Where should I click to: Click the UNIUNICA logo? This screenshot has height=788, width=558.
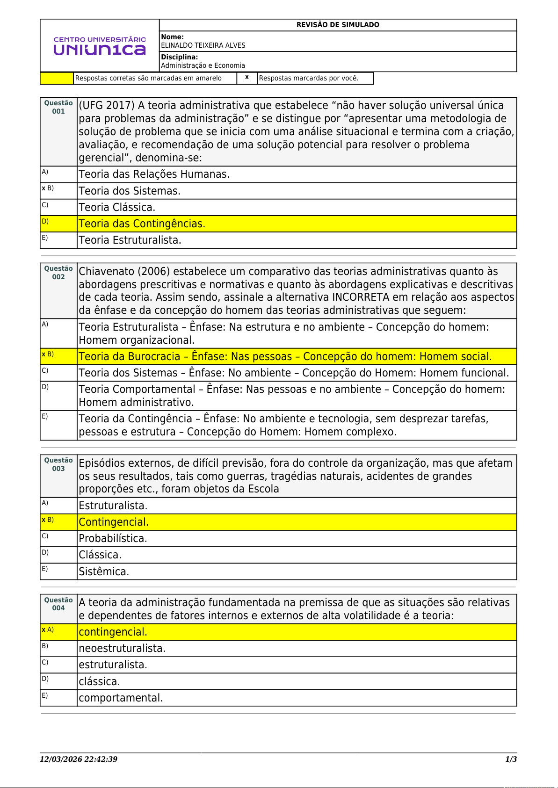(100, 46)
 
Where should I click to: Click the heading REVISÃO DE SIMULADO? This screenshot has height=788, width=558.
(338, 25)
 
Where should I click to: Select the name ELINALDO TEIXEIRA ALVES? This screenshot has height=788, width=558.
(203, 45)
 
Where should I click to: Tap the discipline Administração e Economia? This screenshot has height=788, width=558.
(203, 65)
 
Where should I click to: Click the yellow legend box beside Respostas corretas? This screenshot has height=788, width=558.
(57, 78)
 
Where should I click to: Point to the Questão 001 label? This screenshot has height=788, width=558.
(58, 107)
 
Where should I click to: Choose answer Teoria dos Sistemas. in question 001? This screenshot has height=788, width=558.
(130, 191)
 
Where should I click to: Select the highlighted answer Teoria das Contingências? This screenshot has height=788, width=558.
(142, 224)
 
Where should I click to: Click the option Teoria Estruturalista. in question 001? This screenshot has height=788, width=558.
(130, 240)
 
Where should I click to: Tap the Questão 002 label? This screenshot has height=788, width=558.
(58, 273)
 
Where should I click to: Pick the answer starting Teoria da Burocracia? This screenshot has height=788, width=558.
(285, 356)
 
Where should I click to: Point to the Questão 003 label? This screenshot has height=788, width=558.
(58, 464)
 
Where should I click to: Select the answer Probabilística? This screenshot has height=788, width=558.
(113, 538)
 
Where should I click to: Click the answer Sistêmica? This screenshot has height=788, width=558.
(104, 571)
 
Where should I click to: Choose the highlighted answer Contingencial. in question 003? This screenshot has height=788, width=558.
(114, 522)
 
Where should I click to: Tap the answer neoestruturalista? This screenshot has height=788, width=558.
(122, 648)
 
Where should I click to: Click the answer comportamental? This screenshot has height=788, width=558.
(121, 698)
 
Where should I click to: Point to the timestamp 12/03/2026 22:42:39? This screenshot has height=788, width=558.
(79, 759)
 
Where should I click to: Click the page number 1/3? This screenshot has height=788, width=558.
(511, 759)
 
